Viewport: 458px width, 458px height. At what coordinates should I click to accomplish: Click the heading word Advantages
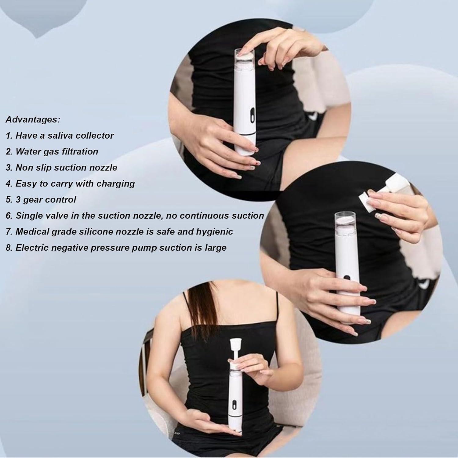33,120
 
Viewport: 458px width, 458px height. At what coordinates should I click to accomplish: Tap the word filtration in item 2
79,151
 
